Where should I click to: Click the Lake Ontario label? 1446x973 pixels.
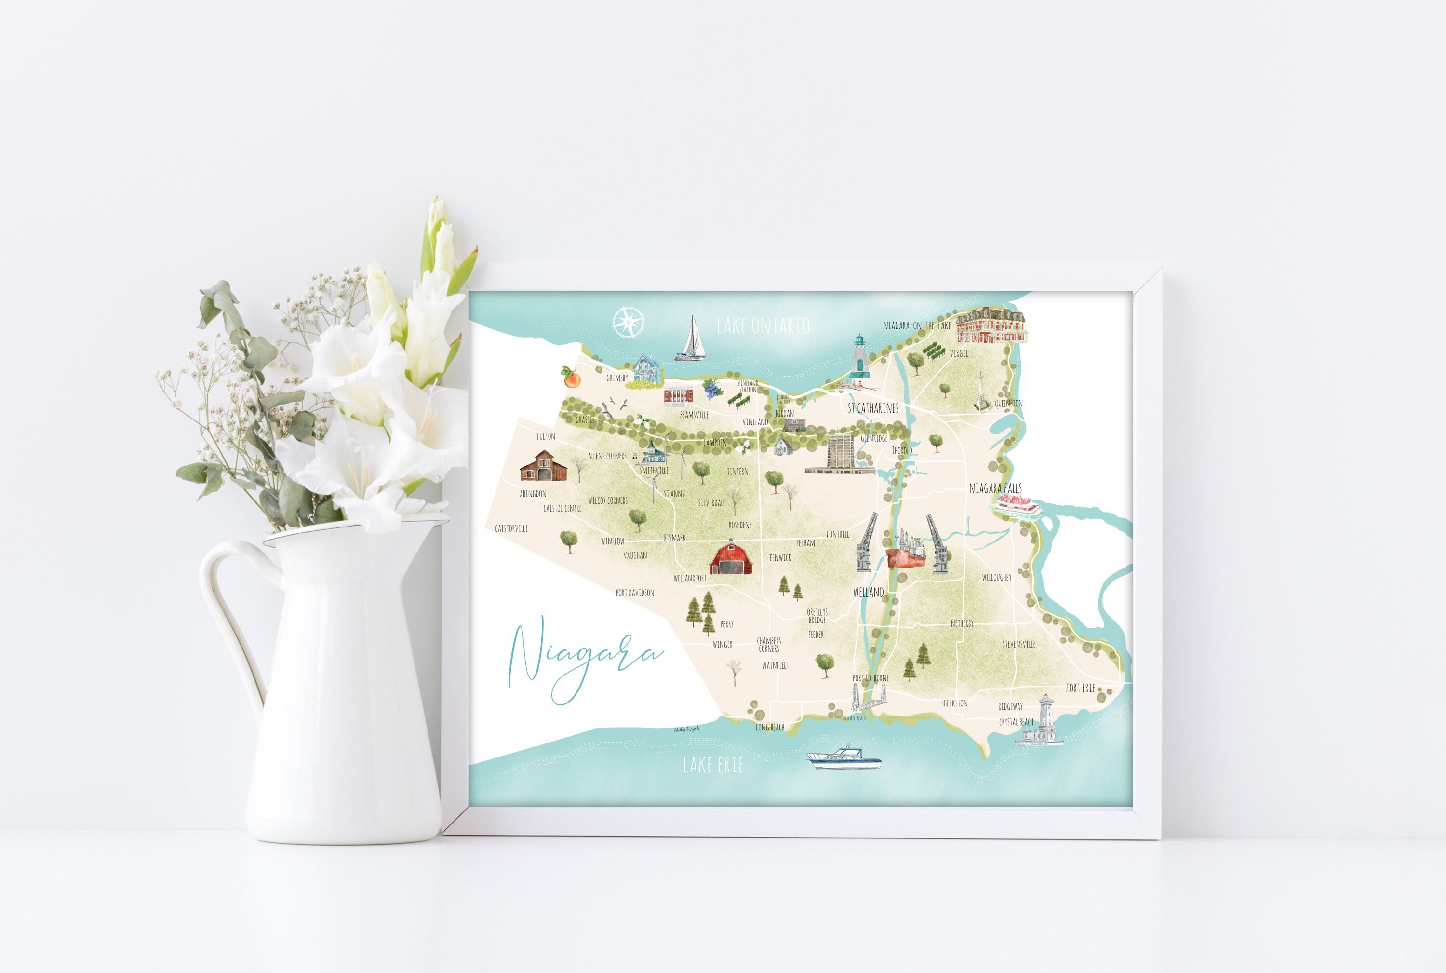(x=763, y=326)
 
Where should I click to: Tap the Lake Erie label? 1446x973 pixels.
(x=713, y=765)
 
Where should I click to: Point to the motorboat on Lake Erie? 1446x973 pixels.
(x=843, y=758)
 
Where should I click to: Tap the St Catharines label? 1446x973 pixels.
(x=873, y=408)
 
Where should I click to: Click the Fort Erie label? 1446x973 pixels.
(x=1080, y=688)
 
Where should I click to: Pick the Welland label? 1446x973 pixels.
(x=868, y=593)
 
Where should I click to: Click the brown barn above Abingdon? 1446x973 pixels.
(x=543, y=467)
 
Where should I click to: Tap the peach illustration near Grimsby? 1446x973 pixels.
(x=570, y=377)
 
